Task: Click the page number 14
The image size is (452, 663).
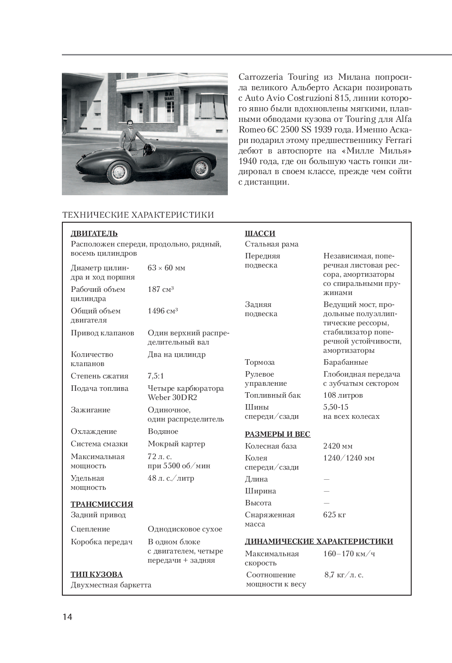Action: click(67, 617)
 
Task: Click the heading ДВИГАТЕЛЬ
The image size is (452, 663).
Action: click(94, 233)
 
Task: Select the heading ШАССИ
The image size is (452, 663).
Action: click(260, 233)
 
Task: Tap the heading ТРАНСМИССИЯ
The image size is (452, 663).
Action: click(102, 504)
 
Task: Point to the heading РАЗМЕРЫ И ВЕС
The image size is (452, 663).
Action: click(277, 434)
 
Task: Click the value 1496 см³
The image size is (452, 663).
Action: click(163, 311)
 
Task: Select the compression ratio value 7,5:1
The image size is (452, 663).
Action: click(156, 376)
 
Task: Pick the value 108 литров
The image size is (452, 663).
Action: click(343, 395)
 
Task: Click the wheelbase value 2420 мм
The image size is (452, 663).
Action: click(338, 446)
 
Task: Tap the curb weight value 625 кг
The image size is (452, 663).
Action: click(335, 515)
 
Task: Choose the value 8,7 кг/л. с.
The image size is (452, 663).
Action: click(344, 575)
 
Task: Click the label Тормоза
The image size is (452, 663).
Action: click(260, 362)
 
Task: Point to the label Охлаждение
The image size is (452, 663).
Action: click(94, 431)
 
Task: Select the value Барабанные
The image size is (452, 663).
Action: click(346, 362)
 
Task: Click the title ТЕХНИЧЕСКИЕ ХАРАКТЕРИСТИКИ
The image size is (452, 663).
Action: click(138, 214)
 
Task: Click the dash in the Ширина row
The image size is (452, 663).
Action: click(326, 491)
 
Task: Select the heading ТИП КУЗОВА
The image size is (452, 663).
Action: click(97, 574)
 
